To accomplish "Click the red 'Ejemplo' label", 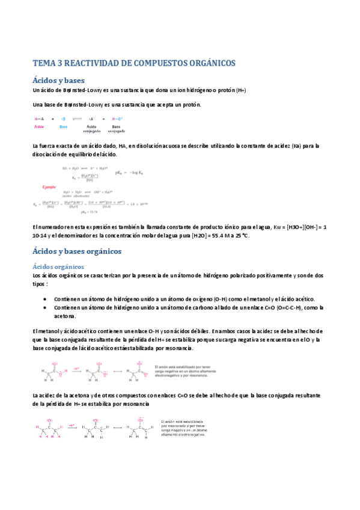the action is tap(52, 187).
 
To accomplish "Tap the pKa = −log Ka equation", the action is tap(132, 173).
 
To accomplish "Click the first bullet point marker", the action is tap(47, 299).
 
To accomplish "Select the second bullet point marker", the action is tap(47, 307).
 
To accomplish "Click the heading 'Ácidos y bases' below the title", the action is tap(58, 81).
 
